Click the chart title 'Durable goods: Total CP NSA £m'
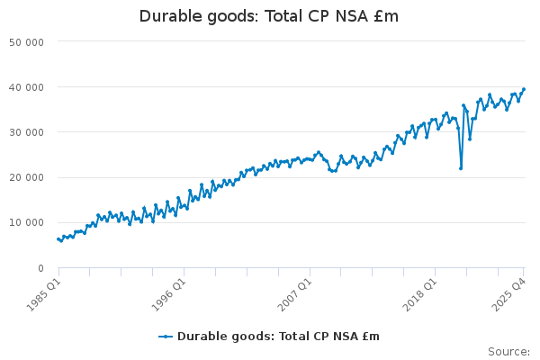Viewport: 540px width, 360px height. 269,16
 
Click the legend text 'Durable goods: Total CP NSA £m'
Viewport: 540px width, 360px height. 278,337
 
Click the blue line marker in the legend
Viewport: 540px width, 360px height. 166,337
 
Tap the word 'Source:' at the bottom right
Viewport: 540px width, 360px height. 508,352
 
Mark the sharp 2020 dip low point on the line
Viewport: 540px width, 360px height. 461,168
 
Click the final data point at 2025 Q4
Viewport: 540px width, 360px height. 524,89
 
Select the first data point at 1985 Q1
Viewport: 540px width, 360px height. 58,238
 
